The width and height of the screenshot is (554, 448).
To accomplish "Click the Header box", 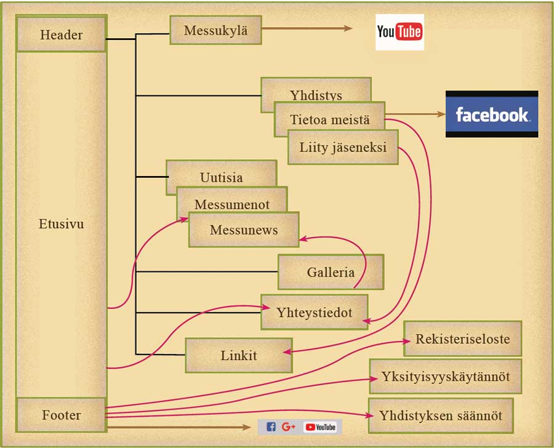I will click(x=61, y=34).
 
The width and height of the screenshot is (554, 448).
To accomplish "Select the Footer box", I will click(x=61, y=415).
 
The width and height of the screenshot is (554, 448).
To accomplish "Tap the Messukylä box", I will click(x=215, y=30).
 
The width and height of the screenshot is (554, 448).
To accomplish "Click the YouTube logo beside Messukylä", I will click(x=399, y=32).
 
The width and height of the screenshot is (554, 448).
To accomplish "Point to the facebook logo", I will click(x=491, y=114).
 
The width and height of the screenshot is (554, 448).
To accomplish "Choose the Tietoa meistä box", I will click(x=330, y=119).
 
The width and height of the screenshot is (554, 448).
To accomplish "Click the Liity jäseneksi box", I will click(x=343, y=148).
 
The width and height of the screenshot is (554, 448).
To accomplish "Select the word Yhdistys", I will click(x=316, y=95).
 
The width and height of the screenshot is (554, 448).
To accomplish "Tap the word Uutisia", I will click(x=221, y=177).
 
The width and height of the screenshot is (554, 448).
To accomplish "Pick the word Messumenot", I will click(x=232, y=204).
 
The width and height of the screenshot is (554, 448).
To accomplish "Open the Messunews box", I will click(x=244, y=230).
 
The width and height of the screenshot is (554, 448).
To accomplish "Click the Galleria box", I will click(x=331, y=272).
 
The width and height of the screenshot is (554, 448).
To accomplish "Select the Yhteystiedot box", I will click(x=314, y=312).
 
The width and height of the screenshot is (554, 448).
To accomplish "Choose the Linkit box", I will click(x=239, y=355).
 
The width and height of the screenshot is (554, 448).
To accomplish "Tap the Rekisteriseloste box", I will click(x=462, y=338).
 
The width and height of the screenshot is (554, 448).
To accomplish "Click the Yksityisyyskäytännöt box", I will click(x=445, y=376).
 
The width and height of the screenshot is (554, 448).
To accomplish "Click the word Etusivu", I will click(x=61, y=224).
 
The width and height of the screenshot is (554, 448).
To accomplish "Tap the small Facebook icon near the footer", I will click(x=271, y=427).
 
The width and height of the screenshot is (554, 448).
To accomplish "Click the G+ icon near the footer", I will click(x=289, y=427).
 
